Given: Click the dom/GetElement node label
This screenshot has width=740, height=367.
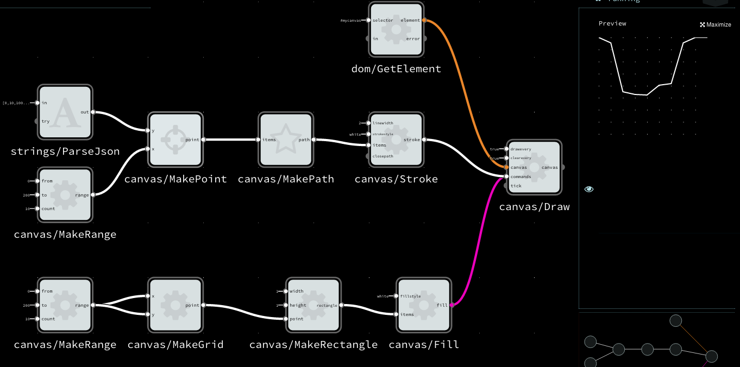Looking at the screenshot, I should tap(396, 69).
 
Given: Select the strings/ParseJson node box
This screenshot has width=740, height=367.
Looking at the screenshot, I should tap(65, 112).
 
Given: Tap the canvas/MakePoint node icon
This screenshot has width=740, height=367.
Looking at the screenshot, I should tap(175, 140).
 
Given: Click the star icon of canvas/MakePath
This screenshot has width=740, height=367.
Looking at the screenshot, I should tap(286, 140).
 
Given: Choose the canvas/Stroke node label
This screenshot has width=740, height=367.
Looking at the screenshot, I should tap(396, 179).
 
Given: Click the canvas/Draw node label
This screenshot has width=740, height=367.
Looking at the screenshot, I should tap(534, 207).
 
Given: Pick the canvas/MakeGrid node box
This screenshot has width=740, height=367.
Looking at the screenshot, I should tap(175, 305).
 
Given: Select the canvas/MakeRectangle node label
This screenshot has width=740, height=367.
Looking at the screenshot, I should tap(313, 345).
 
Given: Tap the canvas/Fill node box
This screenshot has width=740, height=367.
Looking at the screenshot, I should tap(424, 305).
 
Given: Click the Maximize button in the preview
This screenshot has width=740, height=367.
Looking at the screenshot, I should tap(716, 24).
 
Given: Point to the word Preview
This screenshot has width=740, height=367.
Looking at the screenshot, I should tap(612, 23).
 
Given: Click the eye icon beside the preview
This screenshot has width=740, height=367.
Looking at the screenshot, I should tap(589, 189).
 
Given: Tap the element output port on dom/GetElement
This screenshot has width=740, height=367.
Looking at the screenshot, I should tap(424, 20).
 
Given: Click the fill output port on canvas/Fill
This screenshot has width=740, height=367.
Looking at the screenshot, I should tap(452, 305).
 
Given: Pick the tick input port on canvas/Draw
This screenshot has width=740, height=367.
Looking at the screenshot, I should tap(506, 186).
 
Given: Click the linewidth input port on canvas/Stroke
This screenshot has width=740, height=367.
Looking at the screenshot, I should tap(368, 123).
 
